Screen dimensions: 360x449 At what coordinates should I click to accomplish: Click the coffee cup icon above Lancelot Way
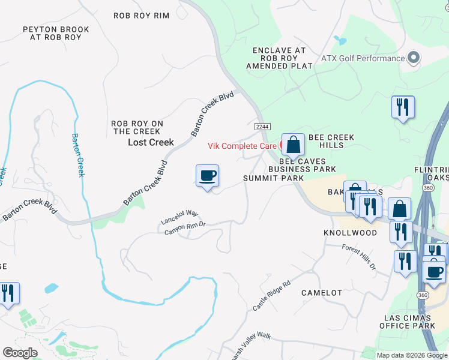pyautogui.click(x=207, y=176)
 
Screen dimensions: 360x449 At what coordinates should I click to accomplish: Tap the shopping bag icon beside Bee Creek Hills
pyautogui.click(x=293, y=145)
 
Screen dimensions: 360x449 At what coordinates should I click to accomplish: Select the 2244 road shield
pyautogui.click(x=262, y=127)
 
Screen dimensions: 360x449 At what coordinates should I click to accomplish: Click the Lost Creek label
pyautogui.click(x=151, y=142)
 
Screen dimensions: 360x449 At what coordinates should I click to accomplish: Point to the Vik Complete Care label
pyautogui.click(x=242, y=146)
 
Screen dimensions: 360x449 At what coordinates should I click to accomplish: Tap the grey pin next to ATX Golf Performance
pyautogui.click(x=413, y=58)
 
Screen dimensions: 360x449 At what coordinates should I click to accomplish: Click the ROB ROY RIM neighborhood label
pyautogui.click(x=142, y=16)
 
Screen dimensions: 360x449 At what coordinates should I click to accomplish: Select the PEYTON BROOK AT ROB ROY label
pyautogui.click(x=56, y=33)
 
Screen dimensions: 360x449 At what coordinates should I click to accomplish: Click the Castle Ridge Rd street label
pyautogui.click(x=271, y=295)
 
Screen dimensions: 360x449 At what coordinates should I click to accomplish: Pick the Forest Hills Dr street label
pyautogui.click(x=358, y=257)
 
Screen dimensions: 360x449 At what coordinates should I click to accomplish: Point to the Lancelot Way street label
pyautogui.click(x=179, y=217)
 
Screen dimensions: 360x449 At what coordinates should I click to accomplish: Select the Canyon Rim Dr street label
pyautogui.click(x=186, y=227)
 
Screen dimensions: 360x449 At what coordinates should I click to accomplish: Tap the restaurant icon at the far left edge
pyautogui.click(x=8, y=293)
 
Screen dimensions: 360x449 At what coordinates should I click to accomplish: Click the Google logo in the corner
pyautogui.click(x=20, y=353)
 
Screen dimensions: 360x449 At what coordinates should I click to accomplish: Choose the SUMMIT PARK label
pyautogui.click(x=274, y=178)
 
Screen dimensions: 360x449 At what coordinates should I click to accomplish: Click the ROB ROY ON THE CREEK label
pyautogui.click(x=136, y=127)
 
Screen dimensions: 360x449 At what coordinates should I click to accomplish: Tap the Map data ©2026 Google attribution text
pyautogui.click(x=411, y=355)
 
